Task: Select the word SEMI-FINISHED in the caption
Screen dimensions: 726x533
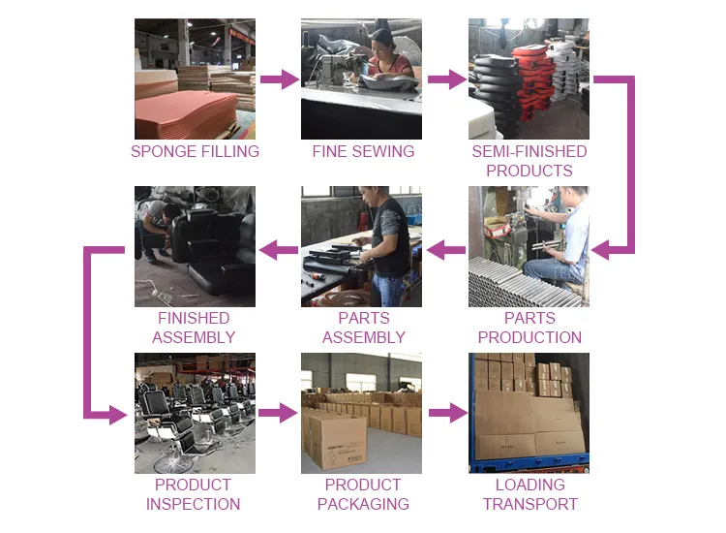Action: pos(529,151)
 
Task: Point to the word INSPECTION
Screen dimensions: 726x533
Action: pos(193,504)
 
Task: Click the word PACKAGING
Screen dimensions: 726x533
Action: pos(363,504)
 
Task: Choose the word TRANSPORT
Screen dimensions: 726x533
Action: pos(530,504)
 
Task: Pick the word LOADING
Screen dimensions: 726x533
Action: pos(530,485)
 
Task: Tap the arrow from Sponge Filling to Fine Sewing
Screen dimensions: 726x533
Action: pos(279,79)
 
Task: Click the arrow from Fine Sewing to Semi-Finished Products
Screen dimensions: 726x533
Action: pos(447,79)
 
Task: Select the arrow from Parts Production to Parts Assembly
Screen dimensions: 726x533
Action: pos(446,250)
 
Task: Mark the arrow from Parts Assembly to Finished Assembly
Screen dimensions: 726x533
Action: pos(279,250)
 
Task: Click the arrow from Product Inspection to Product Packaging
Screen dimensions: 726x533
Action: pos(278,413)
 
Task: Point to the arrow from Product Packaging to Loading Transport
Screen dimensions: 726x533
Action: pos(448,413)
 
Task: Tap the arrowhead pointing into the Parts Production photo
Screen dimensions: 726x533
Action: pos(600,250)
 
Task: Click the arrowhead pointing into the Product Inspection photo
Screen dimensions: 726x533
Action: pos(118,415)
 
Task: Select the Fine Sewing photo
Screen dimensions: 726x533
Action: pos(361,78)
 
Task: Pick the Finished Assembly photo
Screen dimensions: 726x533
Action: pos(195,246)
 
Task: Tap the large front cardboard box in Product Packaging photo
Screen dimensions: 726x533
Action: pos(338,442)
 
